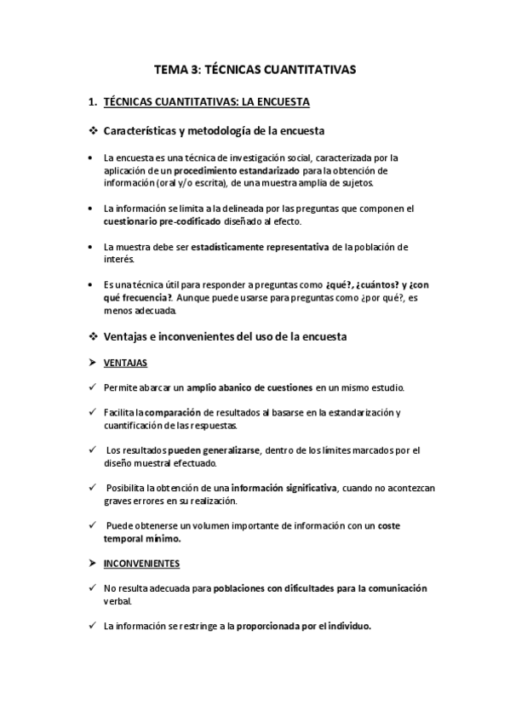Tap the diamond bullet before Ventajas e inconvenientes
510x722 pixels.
(x=94, y=336)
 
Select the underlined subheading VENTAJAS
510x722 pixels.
(x=125, y=363)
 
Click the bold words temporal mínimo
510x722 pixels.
(x=143, y=538)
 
